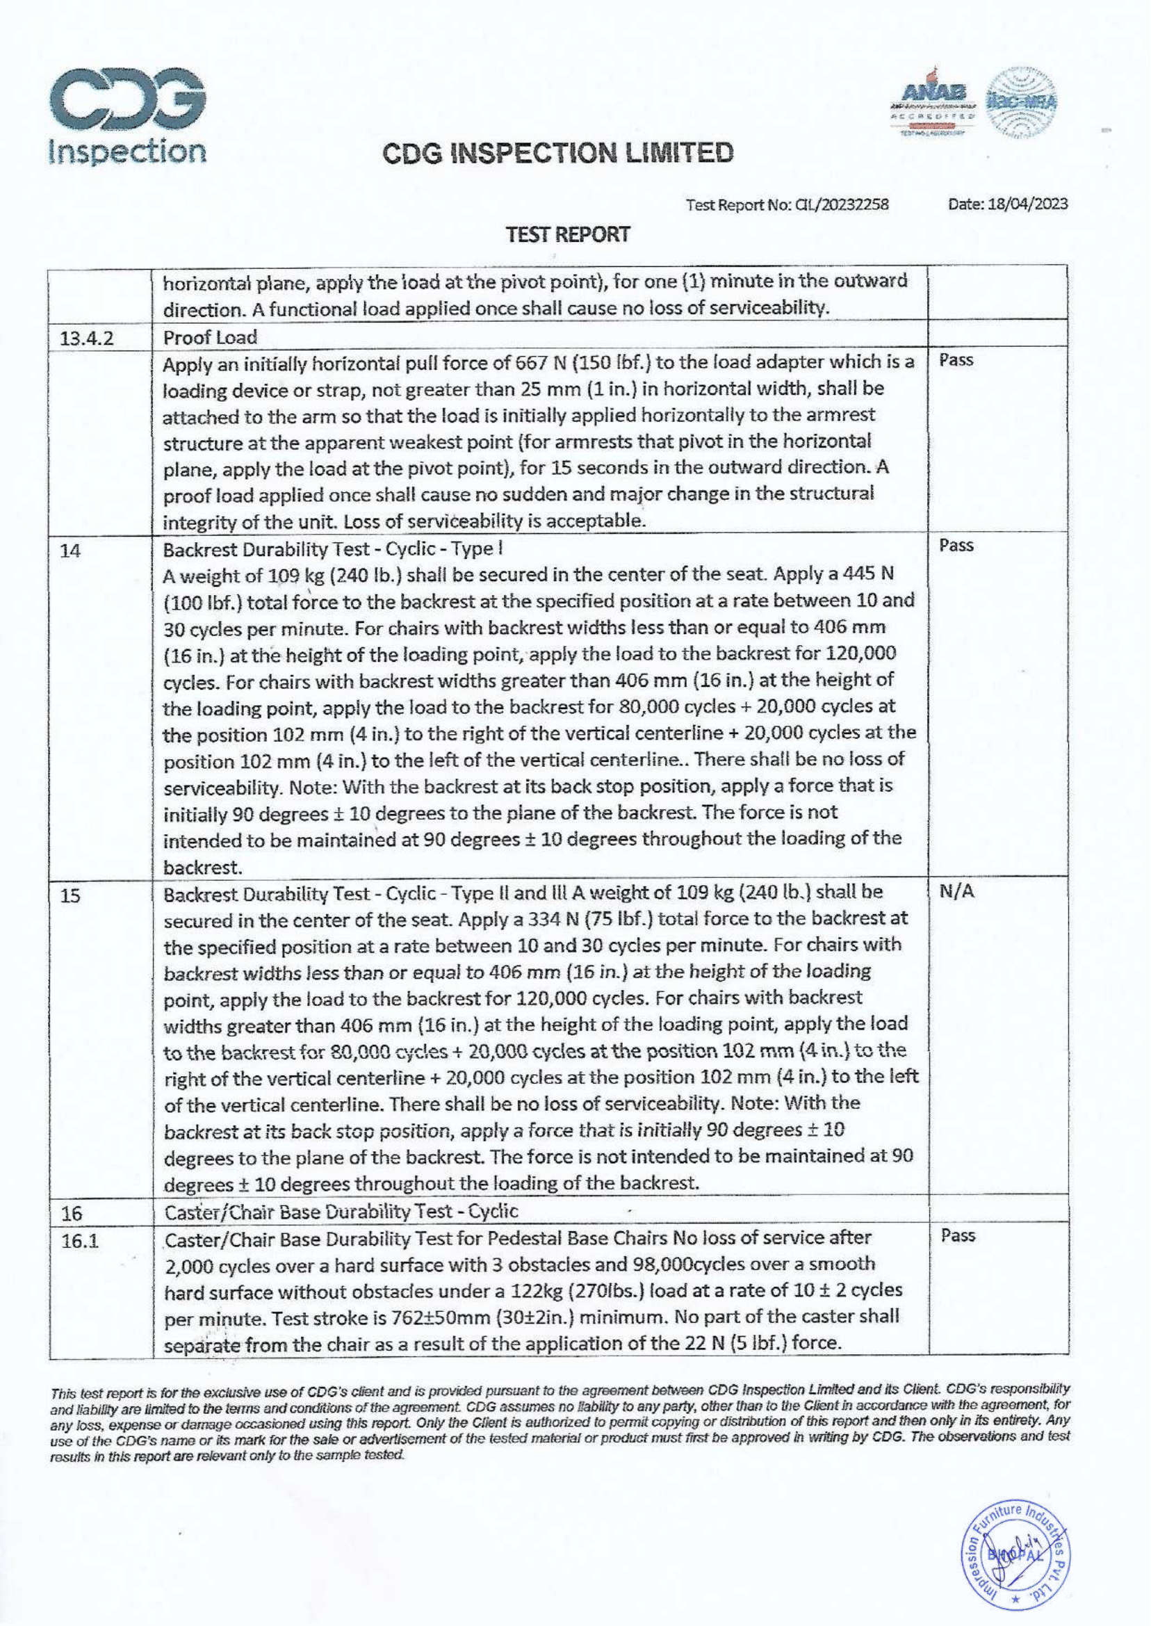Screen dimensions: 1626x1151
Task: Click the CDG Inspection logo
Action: point(128,117)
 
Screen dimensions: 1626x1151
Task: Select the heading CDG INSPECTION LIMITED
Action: point(558,153)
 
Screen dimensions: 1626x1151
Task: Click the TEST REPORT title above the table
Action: point(567,234)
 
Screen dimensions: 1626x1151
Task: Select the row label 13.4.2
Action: point(87,337)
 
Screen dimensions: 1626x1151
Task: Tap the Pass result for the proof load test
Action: point(956,360)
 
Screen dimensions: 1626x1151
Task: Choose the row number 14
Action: point(70,550)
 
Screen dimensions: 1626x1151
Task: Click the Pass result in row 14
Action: point(956,546)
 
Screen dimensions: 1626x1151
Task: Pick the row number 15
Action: point(70,896)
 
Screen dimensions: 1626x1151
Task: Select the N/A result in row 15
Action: point(956,892)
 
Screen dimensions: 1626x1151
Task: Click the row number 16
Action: point(72,1214)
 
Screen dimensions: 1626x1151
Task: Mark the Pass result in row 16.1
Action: point(958,1235)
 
